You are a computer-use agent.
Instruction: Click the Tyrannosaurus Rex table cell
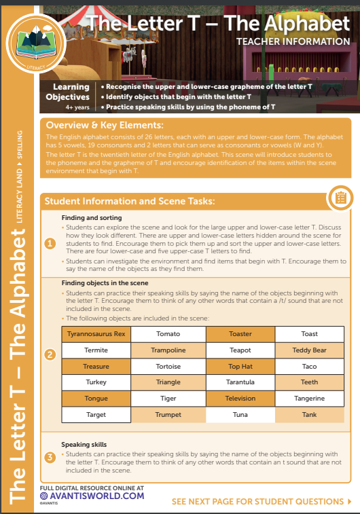tap(96, 334)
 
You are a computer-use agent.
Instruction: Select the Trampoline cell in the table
tap(168, 350)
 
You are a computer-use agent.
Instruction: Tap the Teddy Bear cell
tap(309, 350)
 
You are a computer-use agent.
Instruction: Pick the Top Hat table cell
tap(240, 366)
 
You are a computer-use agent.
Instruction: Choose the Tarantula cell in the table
tap(240, 382)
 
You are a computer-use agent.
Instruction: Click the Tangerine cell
tap(309, 399)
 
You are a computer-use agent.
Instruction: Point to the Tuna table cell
tap(240, 414)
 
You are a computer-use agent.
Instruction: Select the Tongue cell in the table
tap(96, 399)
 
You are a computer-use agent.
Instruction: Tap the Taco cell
tap(309, 366)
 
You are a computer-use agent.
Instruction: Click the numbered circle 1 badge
tap(50, 242)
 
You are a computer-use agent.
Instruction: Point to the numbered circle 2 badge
tap(50, 354)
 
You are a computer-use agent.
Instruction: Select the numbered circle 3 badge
tap(50, 457)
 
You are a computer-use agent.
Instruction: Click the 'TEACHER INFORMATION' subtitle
tap(293, 41)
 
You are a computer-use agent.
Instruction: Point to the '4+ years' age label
tap(77, 107)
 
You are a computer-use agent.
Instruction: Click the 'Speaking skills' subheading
tap(84, 445)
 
